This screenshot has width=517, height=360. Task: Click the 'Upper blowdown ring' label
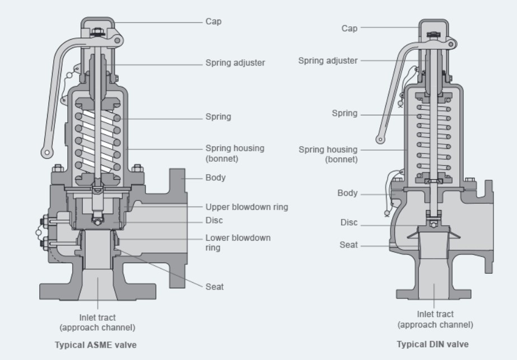pyautogui.click(x=246, y=207)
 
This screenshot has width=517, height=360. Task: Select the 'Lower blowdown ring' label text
pyautogui.click(x=238, y=242)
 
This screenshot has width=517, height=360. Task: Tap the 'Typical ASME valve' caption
pyautogui.click(x=96, y=345)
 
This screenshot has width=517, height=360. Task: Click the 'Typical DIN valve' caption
pyautogui.click(x=432, y=344)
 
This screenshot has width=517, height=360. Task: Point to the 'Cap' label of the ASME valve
pyautogui.click(x=213, y=21)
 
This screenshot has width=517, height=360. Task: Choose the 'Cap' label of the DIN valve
pyautogui.click(x=350, y=29)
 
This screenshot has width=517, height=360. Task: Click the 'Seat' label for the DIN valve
pyautogui.click(x=348, y=245)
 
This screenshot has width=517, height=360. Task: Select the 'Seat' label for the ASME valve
pyautogui.click(x=215, y=287)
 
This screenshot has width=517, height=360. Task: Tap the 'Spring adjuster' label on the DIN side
pyautogui.click(x=328, y=60)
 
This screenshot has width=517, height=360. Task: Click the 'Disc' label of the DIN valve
pyautogui.click(x=349, y=222)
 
